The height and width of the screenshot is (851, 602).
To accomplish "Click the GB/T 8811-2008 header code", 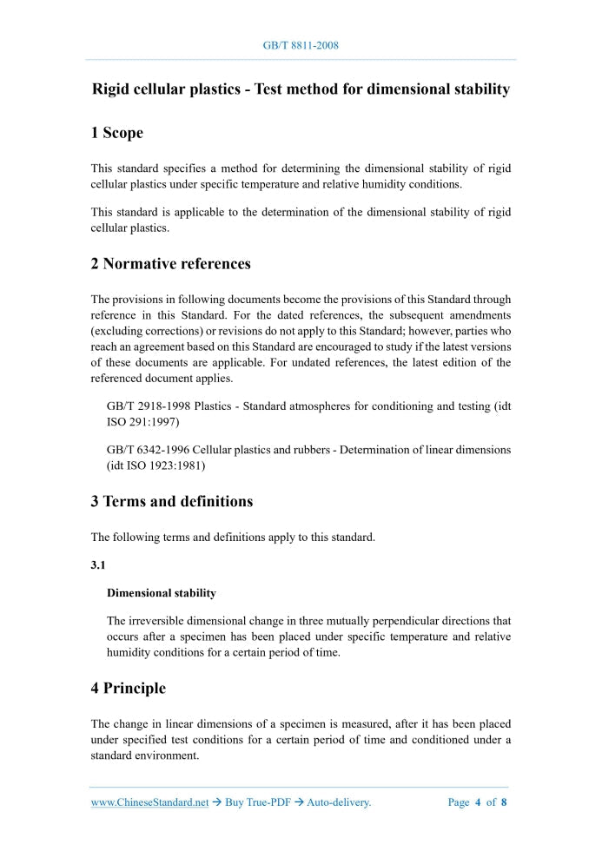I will (x=301, y=44).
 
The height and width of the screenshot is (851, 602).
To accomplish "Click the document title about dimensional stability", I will (x=301, y=89).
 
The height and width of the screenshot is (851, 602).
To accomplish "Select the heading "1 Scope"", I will (x=116, y=133).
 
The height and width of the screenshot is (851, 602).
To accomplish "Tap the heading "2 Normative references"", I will (x=170, y=264).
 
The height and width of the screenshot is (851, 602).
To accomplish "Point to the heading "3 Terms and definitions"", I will (x=171, y=502).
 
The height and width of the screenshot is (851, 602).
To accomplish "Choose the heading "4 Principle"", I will (x=128, y=689).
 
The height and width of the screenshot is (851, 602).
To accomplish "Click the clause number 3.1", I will (x=98, y=565).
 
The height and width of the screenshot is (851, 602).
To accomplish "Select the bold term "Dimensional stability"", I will (x=161, y=593).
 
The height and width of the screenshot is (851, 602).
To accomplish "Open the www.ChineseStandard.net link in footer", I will (x=149, y=802).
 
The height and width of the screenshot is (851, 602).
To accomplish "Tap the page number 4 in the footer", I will (x=478, y=802).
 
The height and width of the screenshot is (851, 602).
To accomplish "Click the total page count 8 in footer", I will (x=504, y=802).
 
